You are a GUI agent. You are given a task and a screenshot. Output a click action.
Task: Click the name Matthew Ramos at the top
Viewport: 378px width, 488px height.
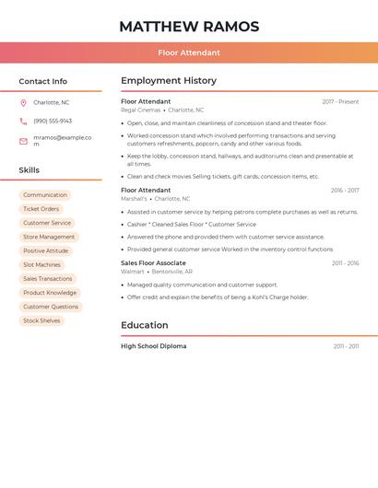point(189,27)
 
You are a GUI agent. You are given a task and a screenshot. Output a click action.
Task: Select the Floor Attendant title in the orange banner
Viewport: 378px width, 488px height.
point(189,52)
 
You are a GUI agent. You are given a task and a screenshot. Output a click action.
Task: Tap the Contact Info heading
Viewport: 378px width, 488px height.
point(43,81)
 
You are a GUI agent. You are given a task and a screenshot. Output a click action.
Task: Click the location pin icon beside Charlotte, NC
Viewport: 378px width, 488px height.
point(23,102)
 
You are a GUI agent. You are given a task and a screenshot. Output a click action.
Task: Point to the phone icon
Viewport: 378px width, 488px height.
point(23,121)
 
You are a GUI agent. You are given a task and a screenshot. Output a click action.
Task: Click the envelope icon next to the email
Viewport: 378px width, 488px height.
point(23,141)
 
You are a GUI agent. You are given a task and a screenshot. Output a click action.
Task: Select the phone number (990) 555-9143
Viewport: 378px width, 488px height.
point(53,121)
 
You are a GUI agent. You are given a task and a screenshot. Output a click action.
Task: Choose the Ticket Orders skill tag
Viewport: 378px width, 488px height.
point(41,209)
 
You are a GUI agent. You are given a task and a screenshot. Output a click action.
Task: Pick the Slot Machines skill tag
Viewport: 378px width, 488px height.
point(41,264)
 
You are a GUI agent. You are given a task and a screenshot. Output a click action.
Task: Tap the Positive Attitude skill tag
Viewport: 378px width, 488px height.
point(46,250)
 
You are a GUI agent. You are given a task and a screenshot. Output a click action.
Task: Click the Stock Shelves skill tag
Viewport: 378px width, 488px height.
point(41,320)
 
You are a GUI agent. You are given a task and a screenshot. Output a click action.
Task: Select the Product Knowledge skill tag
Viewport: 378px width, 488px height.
point(50,293)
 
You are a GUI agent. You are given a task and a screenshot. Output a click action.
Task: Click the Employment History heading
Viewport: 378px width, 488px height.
point(169,81)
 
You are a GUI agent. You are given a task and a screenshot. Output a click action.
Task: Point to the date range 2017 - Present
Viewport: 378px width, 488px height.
point(340,101)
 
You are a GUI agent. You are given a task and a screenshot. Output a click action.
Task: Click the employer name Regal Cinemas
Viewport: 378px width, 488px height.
point(140,110)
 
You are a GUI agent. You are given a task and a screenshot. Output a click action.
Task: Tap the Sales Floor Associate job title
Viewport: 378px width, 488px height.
point(153,263)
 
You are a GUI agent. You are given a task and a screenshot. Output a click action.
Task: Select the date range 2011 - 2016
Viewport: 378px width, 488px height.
point(345,263)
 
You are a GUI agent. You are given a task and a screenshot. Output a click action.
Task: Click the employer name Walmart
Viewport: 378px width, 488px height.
point(133,272)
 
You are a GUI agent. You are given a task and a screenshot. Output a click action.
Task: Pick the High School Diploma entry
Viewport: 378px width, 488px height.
point(153,346)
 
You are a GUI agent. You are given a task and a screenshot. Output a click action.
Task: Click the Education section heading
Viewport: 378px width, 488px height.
point(145,325)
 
